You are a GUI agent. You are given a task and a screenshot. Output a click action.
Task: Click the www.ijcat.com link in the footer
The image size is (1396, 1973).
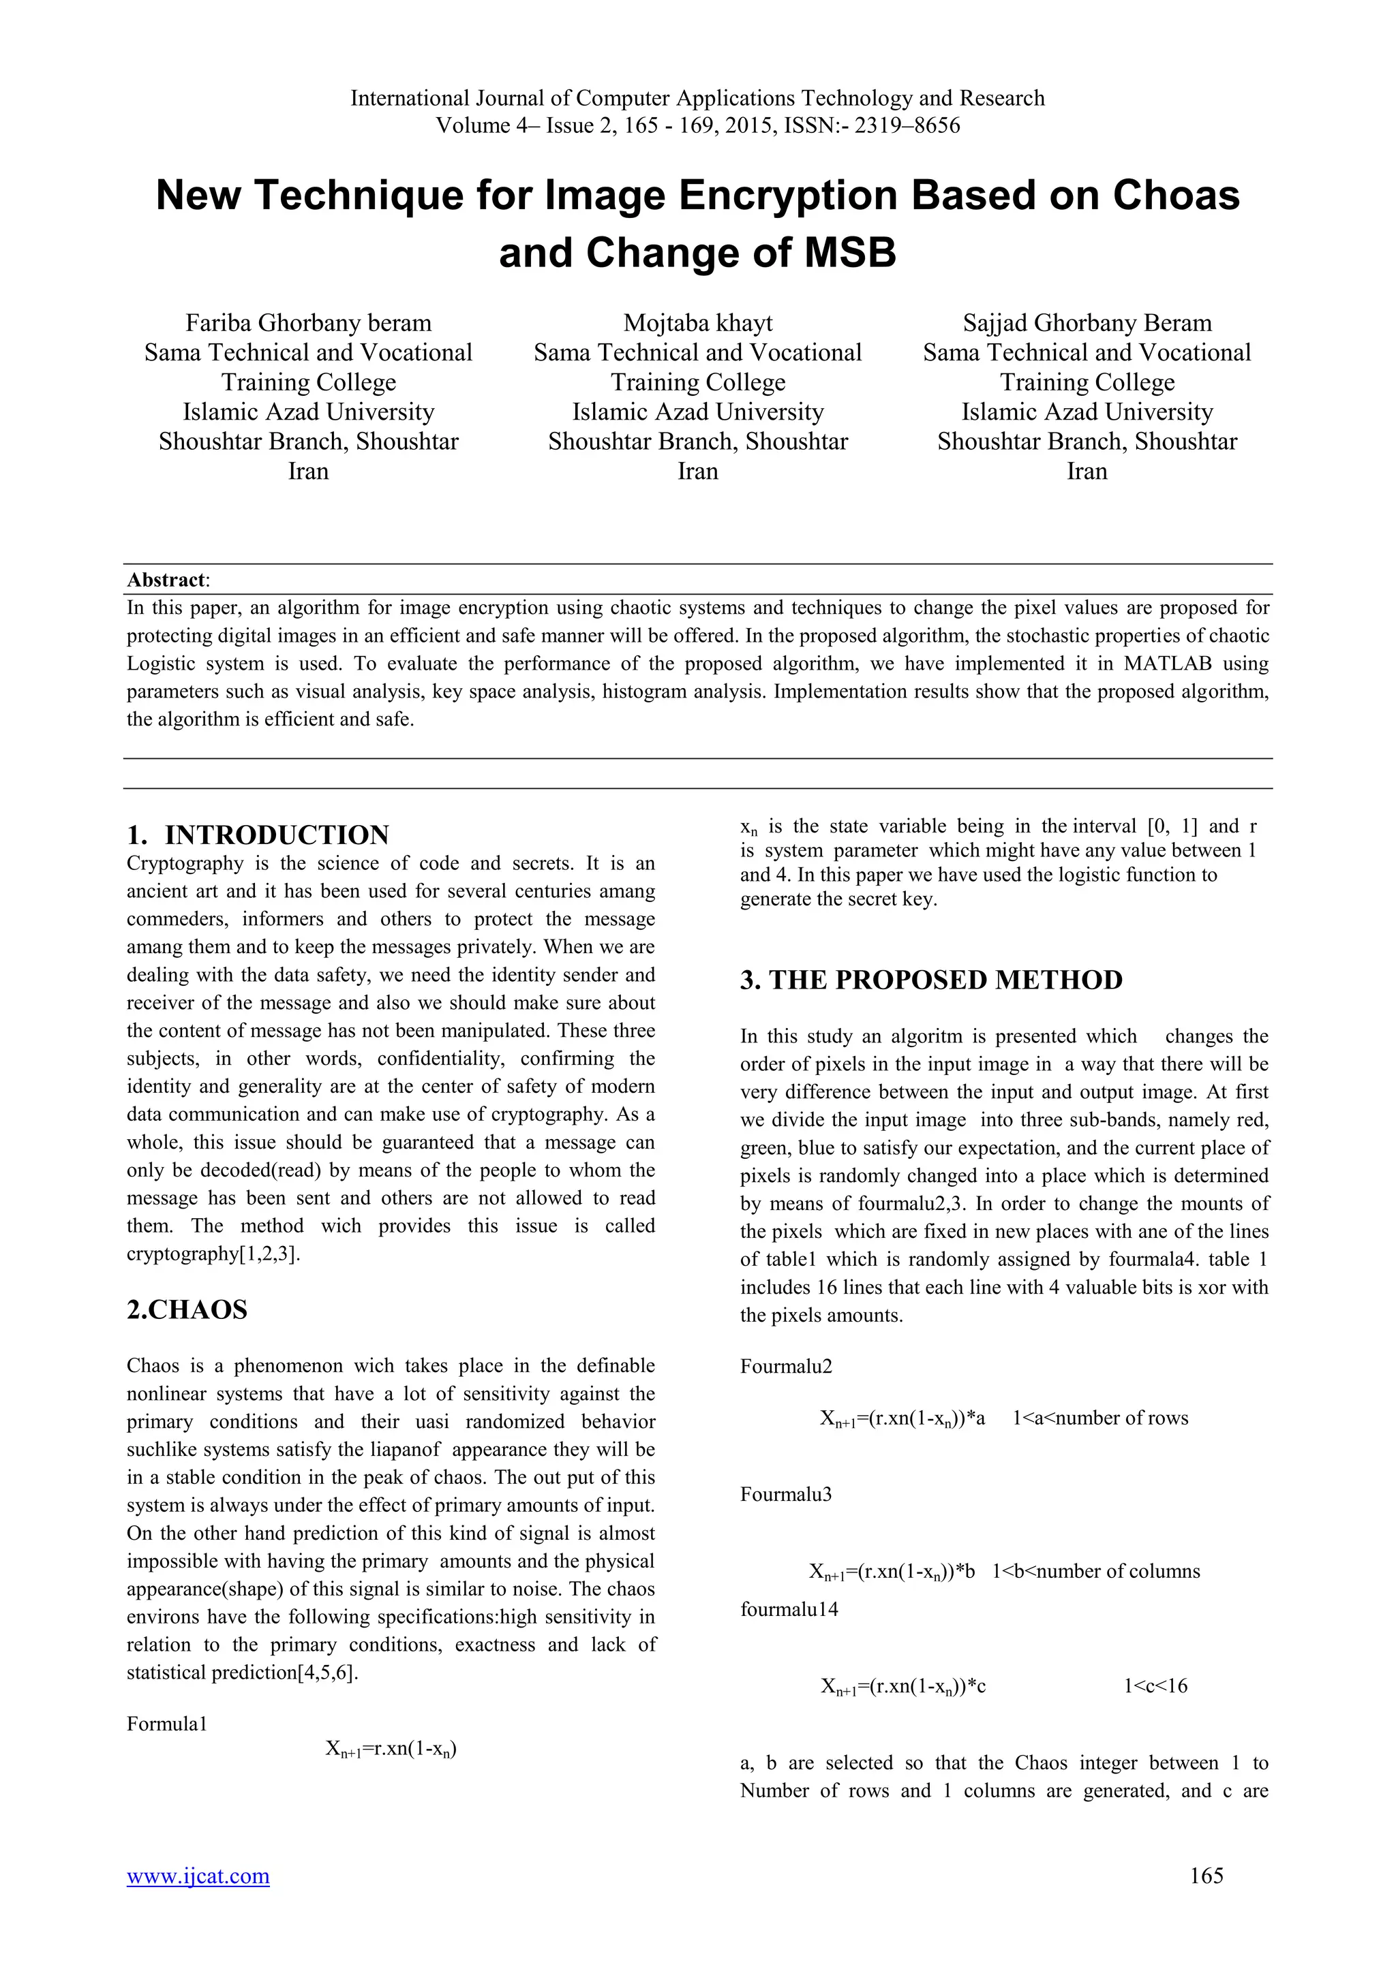tap(198, 1876)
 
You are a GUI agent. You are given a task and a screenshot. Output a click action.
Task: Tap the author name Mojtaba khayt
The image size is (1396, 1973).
tap(697, 323)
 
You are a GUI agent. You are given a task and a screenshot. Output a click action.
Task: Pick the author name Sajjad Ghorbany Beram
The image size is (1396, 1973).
tap(1087, 323)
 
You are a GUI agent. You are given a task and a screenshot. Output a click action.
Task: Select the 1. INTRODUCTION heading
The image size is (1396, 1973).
tap(258, 835)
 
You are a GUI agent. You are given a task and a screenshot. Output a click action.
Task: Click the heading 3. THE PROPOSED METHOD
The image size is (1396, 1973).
tap(931, 980)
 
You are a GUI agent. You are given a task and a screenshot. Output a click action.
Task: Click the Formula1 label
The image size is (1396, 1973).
tap(167, 1724)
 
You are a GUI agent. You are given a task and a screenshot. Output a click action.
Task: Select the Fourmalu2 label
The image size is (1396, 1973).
tap(786, 1367)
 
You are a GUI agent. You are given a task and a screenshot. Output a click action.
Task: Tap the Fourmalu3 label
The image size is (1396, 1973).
tap(786, 1494)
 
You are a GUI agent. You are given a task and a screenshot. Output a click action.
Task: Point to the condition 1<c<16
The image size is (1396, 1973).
tap(1155, 1686)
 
